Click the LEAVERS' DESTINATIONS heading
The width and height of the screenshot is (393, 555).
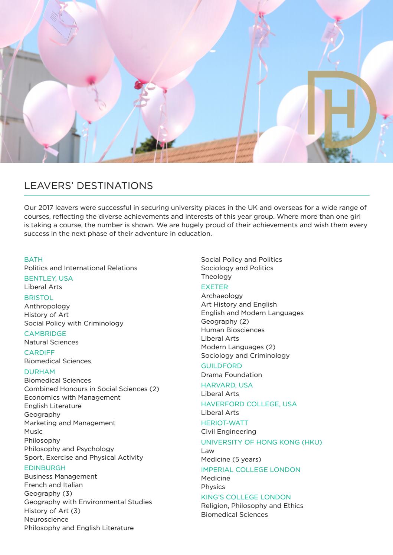click(88, 185)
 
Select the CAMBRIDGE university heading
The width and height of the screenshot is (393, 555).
click(45, 333)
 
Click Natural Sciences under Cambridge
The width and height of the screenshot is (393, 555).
click(51, 342)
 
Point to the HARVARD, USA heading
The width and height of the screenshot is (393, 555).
click(227, 385)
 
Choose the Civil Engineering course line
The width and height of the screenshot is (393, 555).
click(229, 431)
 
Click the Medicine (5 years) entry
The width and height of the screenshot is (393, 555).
click(231, 459)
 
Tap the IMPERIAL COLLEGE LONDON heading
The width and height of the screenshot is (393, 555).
click(250, 469)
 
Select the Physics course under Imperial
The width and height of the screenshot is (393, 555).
click(213, 486)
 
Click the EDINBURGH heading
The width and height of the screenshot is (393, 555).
click(45, 468)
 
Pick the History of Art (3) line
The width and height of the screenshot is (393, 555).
click(52, 511)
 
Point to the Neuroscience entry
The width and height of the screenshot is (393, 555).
click(46, 519)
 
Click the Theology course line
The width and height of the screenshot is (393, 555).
click(216, 276)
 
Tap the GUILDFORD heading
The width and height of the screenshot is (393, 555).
click(222, 366)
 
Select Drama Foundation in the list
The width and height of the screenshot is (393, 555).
click(232, 374)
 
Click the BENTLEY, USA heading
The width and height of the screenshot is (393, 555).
click(49, 278)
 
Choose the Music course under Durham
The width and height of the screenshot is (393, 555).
click(33, 431)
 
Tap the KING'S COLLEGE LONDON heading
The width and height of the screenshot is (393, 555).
click(246, 497)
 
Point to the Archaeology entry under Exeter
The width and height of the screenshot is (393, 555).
click(222, 295)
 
